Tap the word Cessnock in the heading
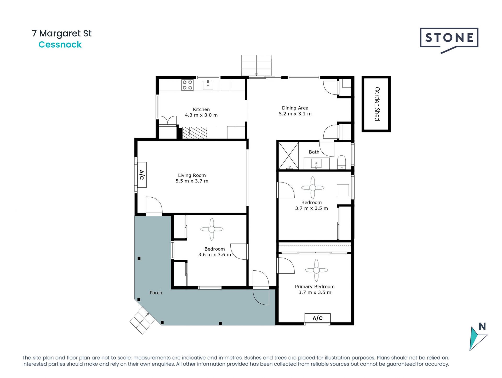tap(60, 45)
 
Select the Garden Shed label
tap(377, 104)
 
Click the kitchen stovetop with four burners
tap(187, 85)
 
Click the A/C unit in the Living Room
tap(142, 175)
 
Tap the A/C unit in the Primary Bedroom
tap(317, 318)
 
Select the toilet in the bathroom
tap(341, 162)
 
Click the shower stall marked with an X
tap(288, 155)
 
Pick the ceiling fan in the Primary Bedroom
tap(316, 270)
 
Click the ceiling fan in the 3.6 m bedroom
tap(212, 229)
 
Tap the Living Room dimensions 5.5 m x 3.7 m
tap(192, 181)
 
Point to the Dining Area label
tap(295, 108)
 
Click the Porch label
tap(156, 293)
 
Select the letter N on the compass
tap(482, 326)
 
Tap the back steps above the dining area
tap(256, 65)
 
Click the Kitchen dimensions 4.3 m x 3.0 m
tap(201, 115)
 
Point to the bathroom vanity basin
tap(316, 164)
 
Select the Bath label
tap(314, 152)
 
